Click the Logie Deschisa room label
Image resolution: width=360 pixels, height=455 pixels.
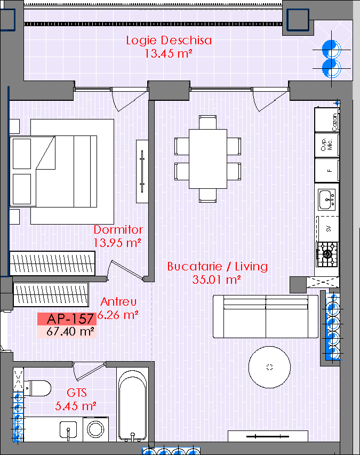[x=169, y=41]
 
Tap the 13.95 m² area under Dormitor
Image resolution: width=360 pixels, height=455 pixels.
[x=117, y=243]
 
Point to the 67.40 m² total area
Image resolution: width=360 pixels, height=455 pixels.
[x=70, y=331]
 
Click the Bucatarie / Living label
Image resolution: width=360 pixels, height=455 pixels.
[x=217, y=266]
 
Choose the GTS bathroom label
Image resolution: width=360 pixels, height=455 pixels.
[x=77, y=393]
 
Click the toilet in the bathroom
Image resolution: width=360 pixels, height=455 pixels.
[x=37, y=388]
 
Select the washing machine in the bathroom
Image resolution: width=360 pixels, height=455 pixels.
[x=95, y=429]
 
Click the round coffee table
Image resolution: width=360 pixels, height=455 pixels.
[x=269, y=367]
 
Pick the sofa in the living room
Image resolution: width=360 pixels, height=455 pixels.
[x=266, y=317]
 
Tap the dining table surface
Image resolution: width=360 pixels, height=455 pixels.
[x=208, y=159]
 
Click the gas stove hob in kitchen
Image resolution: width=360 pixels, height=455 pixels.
[x=327, y=254]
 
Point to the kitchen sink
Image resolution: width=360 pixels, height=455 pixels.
[x=327, y=199]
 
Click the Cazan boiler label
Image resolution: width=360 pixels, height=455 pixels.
[x=334, y=122]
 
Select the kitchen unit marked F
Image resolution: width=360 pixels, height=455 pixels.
[x=327, y=170]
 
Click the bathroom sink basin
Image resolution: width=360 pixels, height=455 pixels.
[x=68, y=430]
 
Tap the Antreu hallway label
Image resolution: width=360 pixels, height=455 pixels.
[x=118, y=302]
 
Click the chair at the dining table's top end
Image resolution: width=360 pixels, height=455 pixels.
[x=207, y=122]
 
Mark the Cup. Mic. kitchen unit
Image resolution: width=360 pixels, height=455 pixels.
[x=327, y=145]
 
